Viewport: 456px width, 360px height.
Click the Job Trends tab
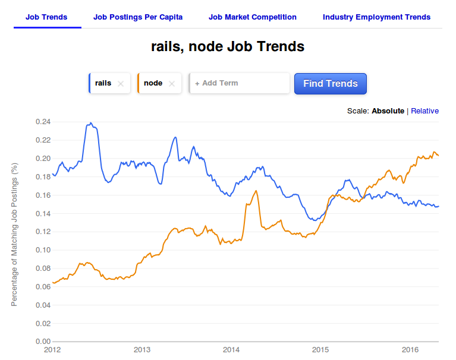pyautogui.click(x=46, y=17)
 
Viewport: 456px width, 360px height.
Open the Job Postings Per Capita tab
pyautogui.click(x=138, y=17)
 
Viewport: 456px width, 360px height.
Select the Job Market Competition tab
pyautogui.click(x=252, y=17)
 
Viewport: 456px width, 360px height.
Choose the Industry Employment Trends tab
pyautogui.click(x=376, y=17)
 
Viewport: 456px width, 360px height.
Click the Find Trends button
pyautogui.click(x=331, y=84)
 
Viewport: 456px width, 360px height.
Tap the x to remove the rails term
pyautogui.click(x=121, y=84)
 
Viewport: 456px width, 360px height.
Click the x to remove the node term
pyautogui.click(x=172, y=84)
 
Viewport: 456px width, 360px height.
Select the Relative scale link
pyautogui.click(x=424, y=111)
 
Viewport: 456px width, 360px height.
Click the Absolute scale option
pyautogui.click(x=388, y=111)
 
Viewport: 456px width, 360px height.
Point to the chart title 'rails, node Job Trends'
pyautogui.click(x=228, y=46)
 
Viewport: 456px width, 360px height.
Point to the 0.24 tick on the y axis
pyautogui.click(x=43, y=122)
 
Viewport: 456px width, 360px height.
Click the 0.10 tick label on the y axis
pyautogui.click(x=43, y=250)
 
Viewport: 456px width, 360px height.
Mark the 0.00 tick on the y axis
pyautogui.click(x=43, y=342)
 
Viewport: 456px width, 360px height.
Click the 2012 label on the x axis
pyautogui.click(x=53, y=350)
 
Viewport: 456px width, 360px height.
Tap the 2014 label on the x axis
pyautogui.click(x=231, y=350)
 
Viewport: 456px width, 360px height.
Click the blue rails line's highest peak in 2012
pyautogui.click(x=90, y=123)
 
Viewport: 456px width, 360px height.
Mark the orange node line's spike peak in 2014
pyautogui.click(x=256, y=191)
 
